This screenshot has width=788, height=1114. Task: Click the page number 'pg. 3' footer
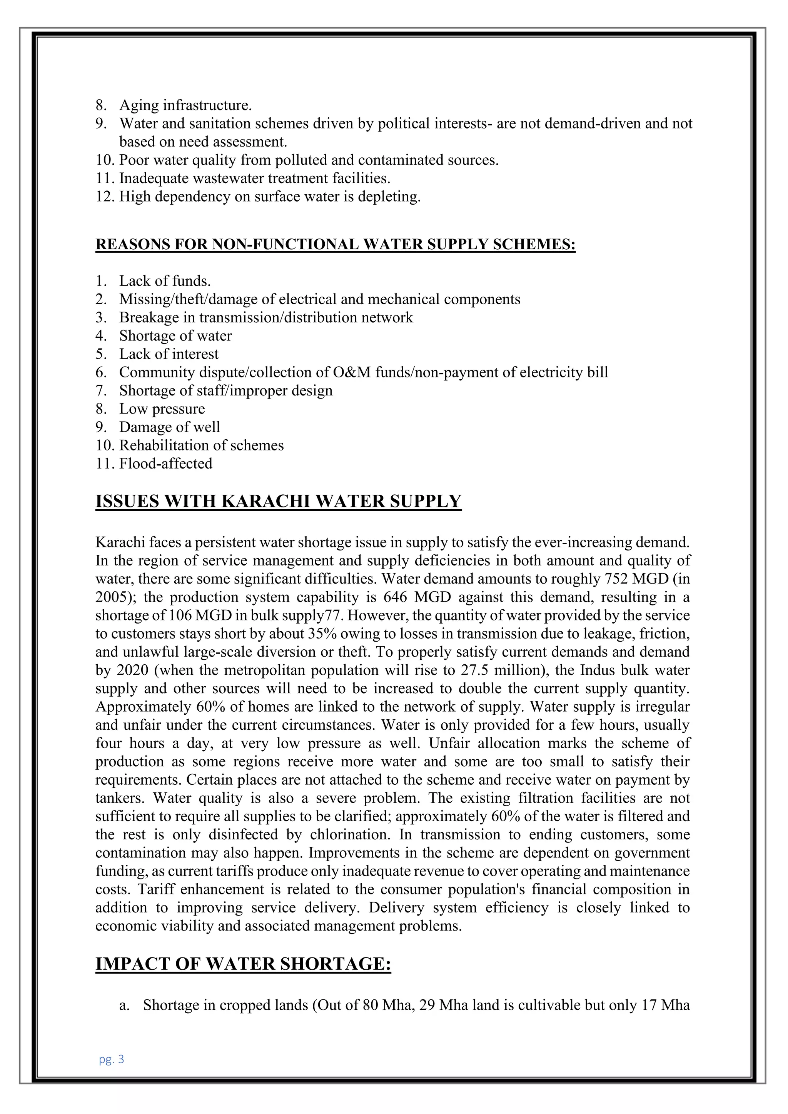tap(111, 1059)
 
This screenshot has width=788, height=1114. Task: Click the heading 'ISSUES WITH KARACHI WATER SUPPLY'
tap(278, 501)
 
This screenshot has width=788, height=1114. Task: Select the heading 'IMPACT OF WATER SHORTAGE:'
tap(243, 964)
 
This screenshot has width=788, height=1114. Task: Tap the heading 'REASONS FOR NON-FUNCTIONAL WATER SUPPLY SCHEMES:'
tap(335, 244)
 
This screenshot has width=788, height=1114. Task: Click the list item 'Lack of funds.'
tap(165, 281)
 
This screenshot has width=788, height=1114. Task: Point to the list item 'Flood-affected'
tap(166, 464)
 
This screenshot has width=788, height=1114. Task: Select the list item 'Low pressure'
tap(162, 409)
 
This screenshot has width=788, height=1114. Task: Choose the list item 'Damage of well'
tap(169, 427)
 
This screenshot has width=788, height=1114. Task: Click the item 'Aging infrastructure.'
tap(185, 105)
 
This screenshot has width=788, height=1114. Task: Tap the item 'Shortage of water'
tap(176, 336)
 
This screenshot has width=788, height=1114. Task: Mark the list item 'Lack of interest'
tap(169, 354)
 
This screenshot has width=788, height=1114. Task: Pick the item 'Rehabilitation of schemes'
tap(201, 445)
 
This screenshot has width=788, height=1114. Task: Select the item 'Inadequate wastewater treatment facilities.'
tap(255, 178)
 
